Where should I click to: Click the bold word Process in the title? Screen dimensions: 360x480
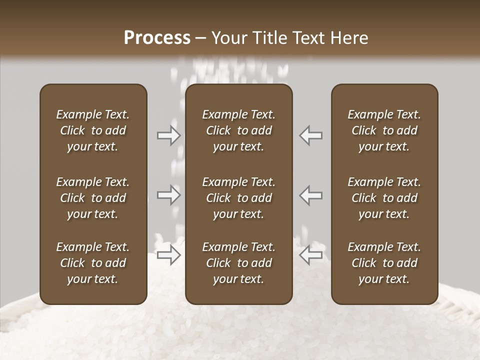pyautogui.click(x=157, y=38)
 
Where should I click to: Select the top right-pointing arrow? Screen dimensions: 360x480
pyautogui.click(x=169, y=135)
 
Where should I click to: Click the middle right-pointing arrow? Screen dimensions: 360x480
pyautogui.click(x=169, y=195)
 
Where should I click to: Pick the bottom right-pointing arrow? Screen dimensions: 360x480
pyautogui.click(x=169, y=255)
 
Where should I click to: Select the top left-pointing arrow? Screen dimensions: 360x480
pyautogui.click(x=310, y=135)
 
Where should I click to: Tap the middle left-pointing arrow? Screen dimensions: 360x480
pyautogui.click(x=310, y=195)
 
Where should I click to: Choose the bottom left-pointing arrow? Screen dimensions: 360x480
pyautogui.click(x=310, y=255)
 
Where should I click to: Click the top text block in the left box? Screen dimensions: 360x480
pyautogui.click(x=93, y=130)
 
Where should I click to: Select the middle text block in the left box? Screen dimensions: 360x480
pyautogui.click(x=93, y=198)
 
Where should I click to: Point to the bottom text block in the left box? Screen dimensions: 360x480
pyautogui.click(x=93, y=263)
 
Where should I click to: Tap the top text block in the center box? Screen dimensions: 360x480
pyautogui.click(x=238, y=130)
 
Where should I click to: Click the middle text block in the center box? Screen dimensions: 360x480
pyautogui.click(x=238, y=198)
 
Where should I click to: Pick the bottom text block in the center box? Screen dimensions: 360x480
pyautogui.click(x=238, y=263)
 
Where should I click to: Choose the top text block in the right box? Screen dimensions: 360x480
pyautogui.click(x=384, y=130)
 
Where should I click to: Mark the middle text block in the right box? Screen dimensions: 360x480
pyautogui.click(x=384, y=198)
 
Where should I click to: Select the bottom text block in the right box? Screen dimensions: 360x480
pyautogui.click(x=384, y=263)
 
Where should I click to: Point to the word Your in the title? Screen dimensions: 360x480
pyautogui.click(x=228, y=38)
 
